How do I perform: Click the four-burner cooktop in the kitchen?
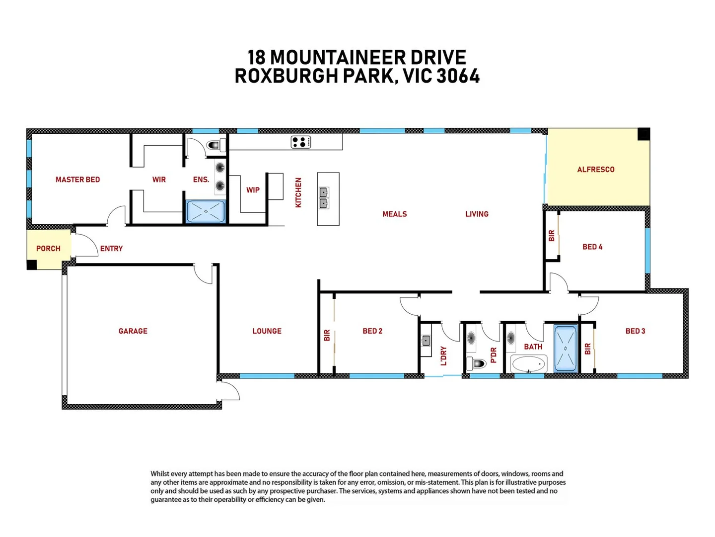[x=301, y=142]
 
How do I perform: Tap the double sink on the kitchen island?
[x=323, y=198]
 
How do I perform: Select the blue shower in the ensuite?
[x=206, y=211]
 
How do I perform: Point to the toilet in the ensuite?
[x=214, y=145]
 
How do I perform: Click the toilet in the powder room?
[x=478, y=363]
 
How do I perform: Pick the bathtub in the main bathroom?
[x=529, y=364]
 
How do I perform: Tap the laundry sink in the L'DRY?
[x=426, y=341]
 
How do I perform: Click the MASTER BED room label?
[x=77, y=179]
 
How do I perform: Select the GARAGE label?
[x=133, y=331]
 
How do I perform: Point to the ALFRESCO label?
[x=596, y=170]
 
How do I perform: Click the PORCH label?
[x=48, y=249]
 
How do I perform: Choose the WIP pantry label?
[x=253, y=190]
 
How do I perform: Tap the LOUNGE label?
[x=267, y=331]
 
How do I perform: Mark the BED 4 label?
[x=592, y=247]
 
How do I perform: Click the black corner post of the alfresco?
[x=643, y=134]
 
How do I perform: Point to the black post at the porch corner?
[x=32, y=265]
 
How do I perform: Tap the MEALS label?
[x=394, y=214]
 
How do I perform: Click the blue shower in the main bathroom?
[x=566, y=349]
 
